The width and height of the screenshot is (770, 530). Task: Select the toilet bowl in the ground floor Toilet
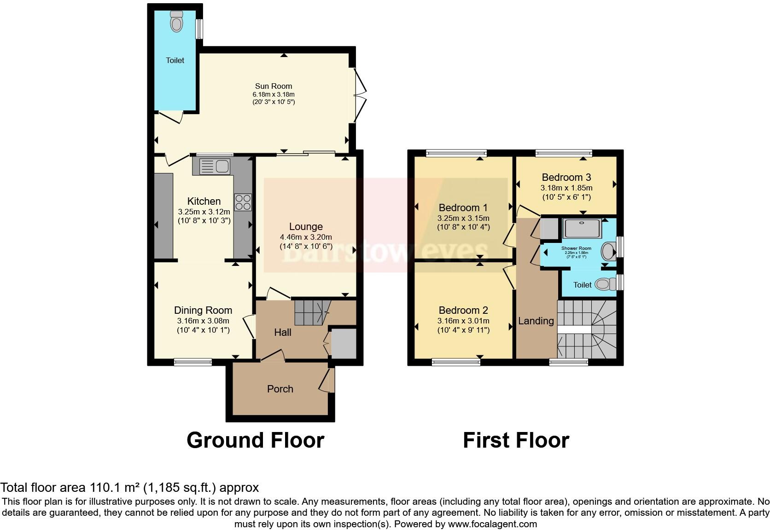pos(176,22)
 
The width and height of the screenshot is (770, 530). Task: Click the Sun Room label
pos(274,86)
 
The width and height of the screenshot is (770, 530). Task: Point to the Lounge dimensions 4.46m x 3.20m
pos(306,237)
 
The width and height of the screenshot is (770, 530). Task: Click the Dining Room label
pos(203,310)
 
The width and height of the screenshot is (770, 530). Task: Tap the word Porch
pos(280,389)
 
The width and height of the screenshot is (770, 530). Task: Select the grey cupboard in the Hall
pos(344,343)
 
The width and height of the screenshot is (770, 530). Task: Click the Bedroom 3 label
pos(566,177)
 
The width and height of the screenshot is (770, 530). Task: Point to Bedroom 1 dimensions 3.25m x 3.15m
pos(463,218)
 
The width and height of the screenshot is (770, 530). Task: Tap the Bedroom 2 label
pos(463,310)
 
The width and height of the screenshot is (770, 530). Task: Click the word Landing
pos(536,321)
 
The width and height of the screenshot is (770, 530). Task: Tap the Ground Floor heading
pos(255,440)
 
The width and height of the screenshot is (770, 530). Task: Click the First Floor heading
pos(516,440)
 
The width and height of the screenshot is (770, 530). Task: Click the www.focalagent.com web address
pos(492,524)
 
